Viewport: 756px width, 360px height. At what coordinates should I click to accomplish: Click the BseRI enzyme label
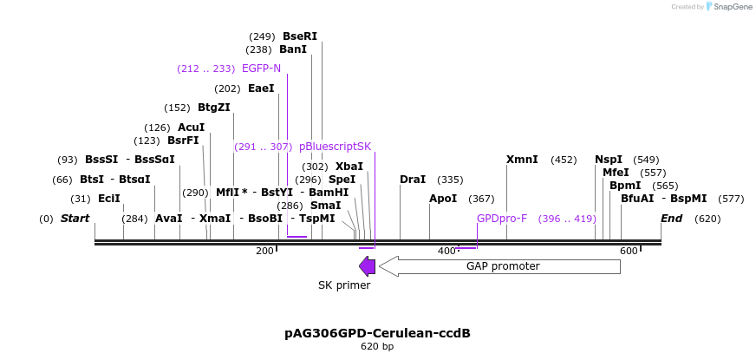point(300,36)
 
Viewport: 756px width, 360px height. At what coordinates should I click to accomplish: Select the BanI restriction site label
point(292,50)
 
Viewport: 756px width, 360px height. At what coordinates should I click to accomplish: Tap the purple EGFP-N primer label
point(261,69)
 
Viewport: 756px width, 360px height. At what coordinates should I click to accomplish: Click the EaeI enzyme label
point(261,88)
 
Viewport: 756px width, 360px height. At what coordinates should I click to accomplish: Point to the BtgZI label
point(213,108)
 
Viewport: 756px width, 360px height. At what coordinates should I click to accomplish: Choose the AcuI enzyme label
point(191,128)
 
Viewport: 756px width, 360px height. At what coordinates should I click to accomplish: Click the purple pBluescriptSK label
point(335,147)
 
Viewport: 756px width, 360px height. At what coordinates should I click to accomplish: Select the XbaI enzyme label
point(349,167)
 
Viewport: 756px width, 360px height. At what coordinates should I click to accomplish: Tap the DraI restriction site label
point(413,180)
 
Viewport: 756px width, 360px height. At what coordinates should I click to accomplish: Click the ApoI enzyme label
point(442,199)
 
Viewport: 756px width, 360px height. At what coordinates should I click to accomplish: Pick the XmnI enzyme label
point(522,160)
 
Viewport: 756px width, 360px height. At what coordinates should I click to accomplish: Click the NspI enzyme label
point(608,160)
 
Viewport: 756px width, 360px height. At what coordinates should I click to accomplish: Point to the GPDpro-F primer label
point(502,219)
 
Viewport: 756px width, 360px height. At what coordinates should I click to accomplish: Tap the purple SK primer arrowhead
point(367,266)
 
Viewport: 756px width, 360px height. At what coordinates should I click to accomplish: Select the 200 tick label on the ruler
point(264,251)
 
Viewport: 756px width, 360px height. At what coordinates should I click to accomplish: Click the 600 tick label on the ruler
point(628,251)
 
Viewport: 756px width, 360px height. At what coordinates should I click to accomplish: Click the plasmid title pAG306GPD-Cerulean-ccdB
point(377,333)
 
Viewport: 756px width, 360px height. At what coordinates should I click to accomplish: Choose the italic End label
point(671,219)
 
